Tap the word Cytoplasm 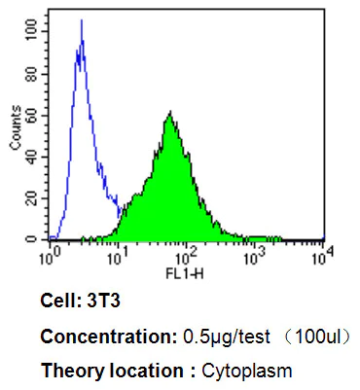pyautogui.click(x=246, y=371)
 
